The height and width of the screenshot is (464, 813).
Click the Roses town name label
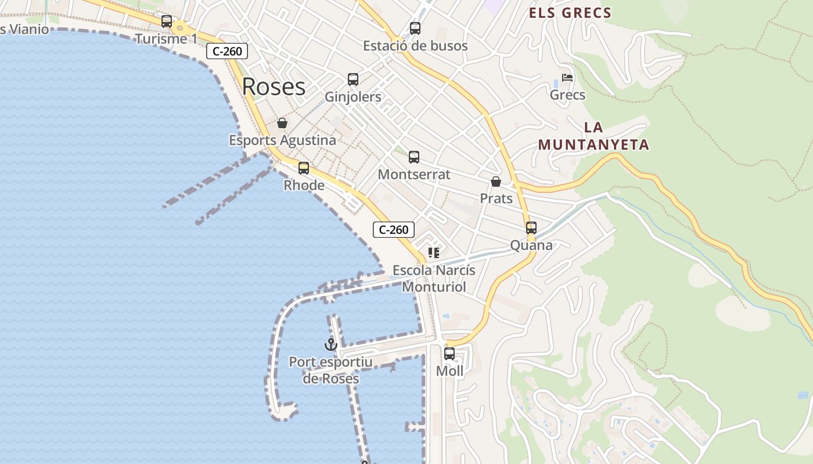coord(274,86)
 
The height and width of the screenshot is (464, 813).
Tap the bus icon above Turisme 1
coord(167,21)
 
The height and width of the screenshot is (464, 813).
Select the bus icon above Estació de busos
coord(415,28)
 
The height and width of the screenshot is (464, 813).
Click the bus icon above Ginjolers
coord(353,79)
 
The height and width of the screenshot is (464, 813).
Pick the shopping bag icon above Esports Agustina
coord(282,123)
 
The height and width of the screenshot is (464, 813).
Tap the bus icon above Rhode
coord(304,168)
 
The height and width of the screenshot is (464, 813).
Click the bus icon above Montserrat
coord(414,157)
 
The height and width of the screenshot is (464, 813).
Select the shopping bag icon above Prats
coord(496,182)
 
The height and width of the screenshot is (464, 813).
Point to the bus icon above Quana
coord(531,228)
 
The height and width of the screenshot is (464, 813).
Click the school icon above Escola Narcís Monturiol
coord(434,252)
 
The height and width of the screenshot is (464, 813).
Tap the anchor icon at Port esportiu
coord(331,345)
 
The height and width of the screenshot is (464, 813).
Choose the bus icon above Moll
coord(449,353)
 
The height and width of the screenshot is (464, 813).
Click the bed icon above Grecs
coord(567,78)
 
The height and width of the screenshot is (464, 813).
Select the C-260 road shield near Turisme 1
coord(227,51)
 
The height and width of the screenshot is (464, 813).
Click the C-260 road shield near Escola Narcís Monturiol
coord(393,230)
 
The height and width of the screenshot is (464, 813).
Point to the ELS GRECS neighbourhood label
coord(570,13)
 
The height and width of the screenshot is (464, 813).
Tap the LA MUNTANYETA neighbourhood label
coord(593,136)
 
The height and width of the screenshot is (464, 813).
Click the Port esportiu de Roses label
coord(331,370)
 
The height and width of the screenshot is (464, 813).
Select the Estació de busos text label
coord(415,45)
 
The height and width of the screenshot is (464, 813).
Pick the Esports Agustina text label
coord(282,140)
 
